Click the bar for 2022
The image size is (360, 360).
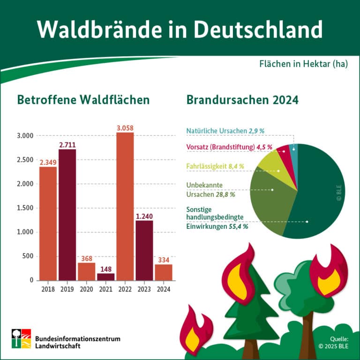(x=125, y=206)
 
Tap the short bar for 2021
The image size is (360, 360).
(x=106, y=277)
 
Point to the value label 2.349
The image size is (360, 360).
(x=48, y=162)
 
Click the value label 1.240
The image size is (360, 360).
(x=144, y=216)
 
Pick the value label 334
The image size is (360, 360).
(x=164, y=260)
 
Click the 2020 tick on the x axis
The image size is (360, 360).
(x=87, y=289)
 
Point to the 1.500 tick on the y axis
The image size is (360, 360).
(x=24, y=208)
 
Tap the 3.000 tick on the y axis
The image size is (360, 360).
(x=24, y=136)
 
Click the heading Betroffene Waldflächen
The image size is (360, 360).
(x=83, y=100)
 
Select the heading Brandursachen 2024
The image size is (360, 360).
(x=242, y=100)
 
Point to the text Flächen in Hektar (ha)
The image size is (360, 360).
(x=303, y=64)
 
